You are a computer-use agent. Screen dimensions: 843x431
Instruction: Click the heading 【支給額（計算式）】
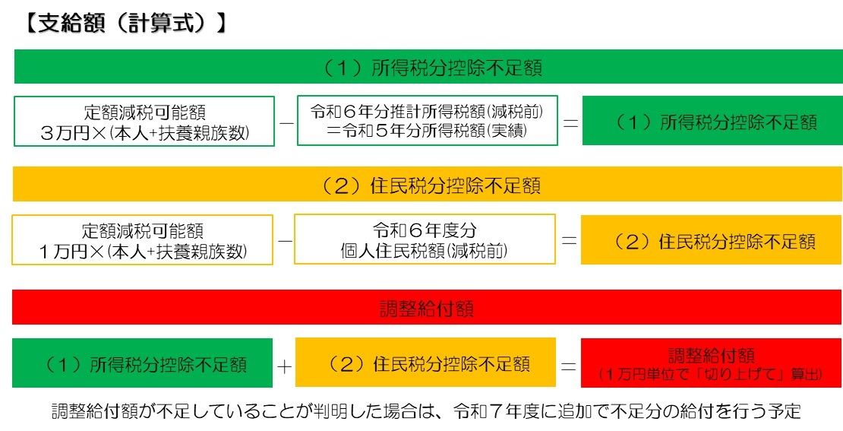(125, 25)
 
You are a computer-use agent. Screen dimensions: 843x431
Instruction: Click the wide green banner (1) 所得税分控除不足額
(428, 67)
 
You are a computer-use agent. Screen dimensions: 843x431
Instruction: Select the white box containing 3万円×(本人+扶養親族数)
(144, 121)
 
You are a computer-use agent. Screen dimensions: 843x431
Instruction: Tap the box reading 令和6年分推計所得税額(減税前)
(427, 121)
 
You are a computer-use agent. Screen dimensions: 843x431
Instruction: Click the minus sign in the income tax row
(286, 122)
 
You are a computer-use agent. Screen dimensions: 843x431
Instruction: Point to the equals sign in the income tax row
(570, 122)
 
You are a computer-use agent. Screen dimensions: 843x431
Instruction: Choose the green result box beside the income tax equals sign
(712, 121)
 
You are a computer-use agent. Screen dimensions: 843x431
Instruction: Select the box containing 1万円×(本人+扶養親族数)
(143, 239)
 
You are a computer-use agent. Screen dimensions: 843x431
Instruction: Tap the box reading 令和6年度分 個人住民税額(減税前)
(425, 239)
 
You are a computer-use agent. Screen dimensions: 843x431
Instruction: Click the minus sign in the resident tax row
(285, 241)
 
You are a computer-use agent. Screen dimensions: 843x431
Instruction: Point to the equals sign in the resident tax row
(568, 240)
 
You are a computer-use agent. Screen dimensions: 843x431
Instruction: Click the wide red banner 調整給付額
(428, 307)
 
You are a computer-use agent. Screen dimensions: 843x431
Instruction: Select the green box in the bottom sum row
(142, 363)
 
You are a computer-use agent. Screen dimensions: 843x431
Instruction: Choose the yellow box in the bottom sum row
(425, 363)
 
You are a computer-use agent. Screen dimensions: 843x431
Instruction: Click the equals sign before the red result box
(568, 366)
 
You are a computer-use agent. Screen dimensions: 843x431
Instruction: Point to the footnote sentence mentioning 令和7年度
(426, 411)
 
